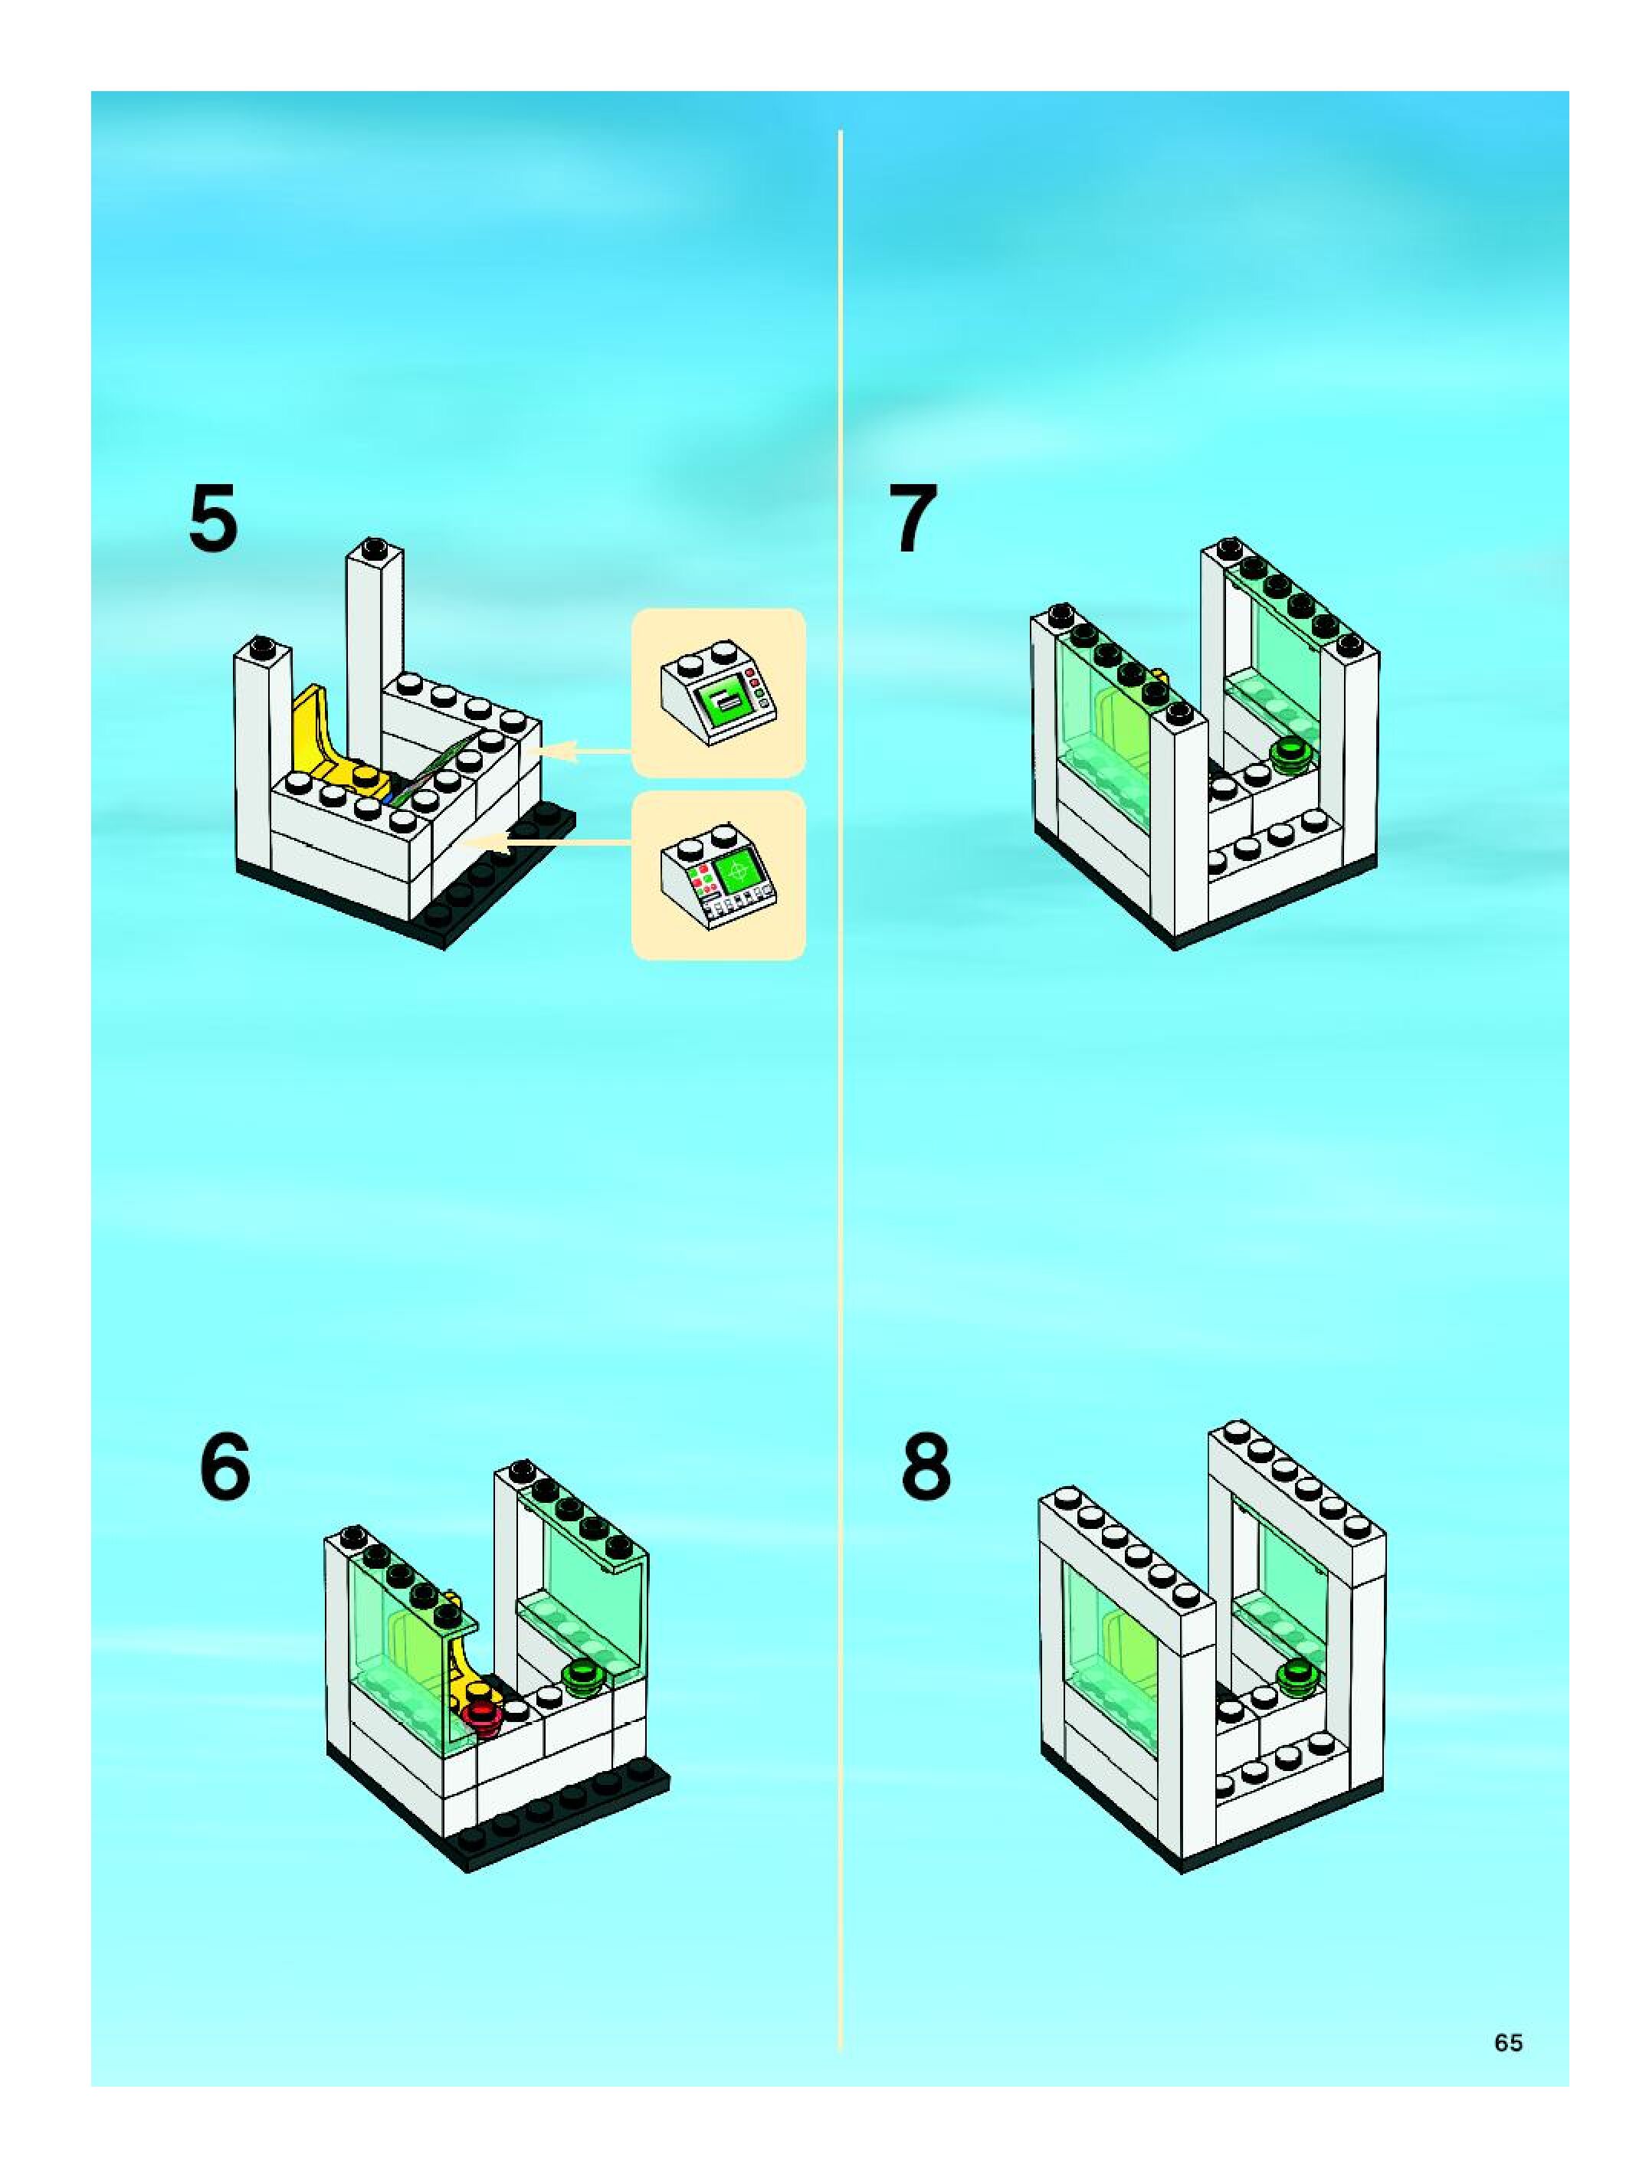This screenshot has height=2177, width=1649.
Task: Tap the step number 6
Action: pyautogui.click(x=225, y=1466)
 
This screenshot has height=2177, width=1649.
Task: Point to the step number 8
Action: pyautogui.click(x=926, y=1466)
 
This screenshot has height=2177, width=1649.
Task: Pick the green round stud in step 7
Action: pyautogui.click(x=1287, y=755)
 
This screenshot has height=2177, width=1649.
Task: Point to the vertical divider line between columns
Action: pyautogui.click(x=840, y=1082)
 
